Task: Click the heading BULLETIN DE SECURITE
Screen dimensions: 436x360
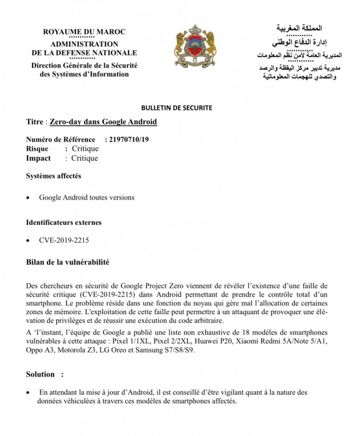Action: [x=176, y=108]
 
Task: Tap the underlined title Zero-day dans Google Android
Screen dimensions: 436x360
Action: [x=103, y=122]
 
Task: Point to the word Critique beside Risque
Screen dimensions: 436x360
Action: [x=85, y=148]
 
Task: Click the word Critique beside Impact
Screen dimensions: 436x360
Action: [x=84, y=158]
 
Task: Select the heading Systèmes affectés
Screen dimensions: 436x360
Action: [x=53, y=176]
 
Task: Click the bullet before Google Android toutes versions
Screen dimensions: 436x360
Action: [x=30, y=198]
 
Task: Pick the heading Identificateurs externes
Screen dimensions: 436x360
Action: [x=64, y=222]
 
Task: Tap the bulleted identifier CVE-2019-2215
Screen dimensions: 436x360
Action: [x=64, y=241]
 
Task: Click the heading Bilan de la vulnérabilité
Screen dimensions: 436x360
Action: [x=67, y=262]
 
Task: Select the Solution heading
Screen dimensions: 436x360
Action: [x=40, y=374]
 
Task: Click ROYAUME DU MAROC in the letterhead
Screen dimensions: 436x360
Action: [x=84, y=32]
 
